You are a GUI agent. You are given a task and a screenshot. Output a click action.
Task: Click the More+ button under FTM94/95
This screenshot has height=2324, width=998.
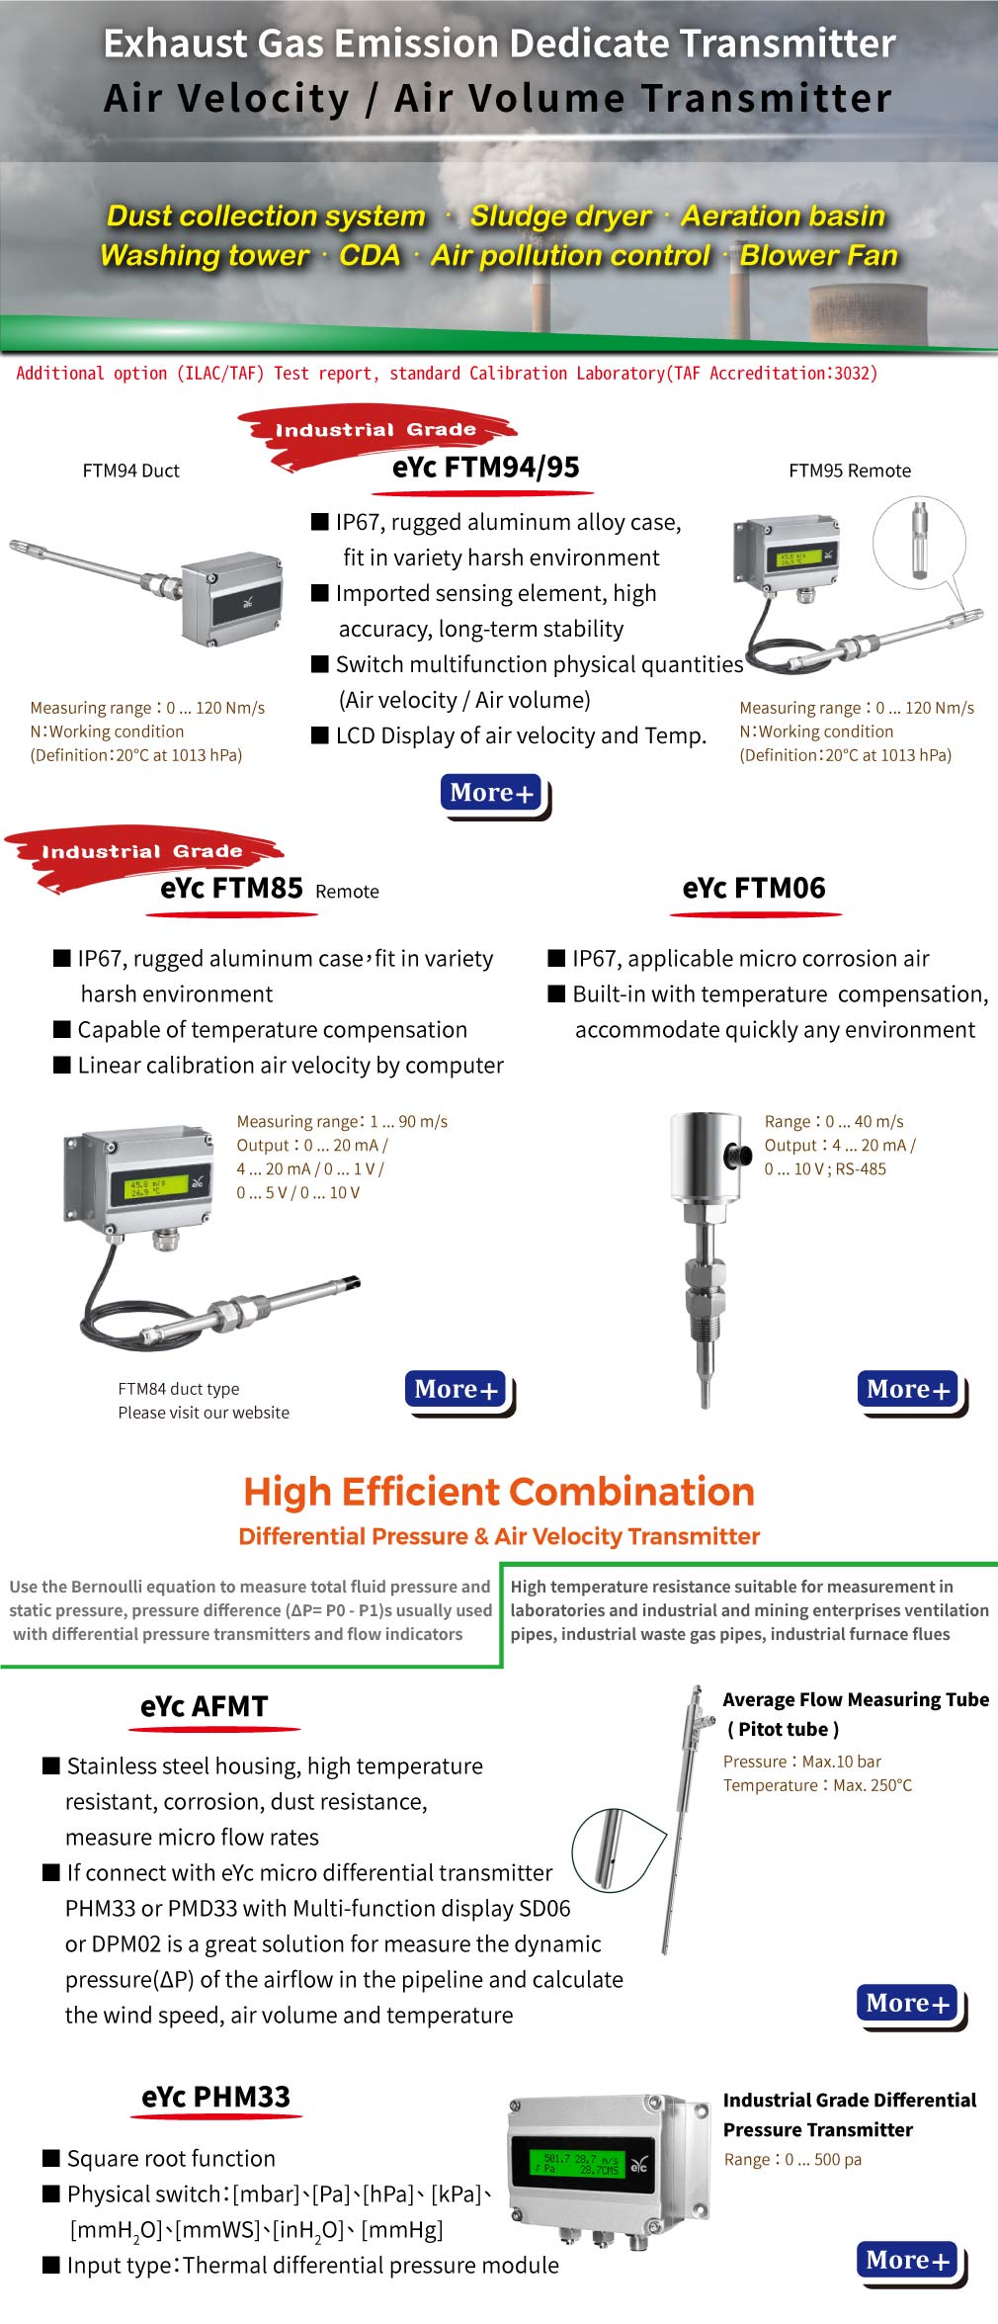(x=492, y=793)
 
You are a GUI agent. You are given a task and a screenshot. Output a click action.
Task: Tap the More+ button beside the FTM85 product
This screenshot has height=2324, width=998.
(x=457, y=1390)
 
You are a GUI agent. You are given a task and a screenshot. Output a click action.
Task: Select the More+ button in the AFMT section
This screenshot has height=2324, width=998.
(x=908, y=2004)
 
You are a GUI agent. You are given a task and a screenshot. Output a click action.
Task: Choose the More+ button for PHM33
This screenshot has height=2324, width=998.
(x=908, y=2261)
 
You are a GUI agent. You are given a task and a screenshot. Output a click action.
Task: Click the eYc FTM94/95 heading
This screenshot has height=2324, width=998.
(x=485, y=468)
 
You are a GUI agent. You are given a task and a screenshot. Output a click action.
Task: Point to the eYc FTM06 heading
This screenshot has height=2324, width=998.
(x=753, y=889)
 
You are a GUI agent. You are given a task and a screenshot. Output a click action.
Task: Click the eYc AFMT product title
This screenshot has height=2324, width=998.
(x=205, y=1707)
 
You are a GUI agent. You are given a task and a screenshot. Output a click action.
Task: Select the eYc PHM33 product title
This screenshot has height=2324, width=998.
(x=215, y=2098)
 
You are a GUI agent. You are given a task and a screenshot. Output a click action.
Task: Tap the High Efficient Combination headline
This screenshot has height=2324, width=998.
(x=499, y=1492)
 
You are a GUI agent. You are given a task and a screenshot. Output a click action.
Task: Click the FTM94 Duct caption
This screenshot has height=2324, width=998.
(x=131, y=472)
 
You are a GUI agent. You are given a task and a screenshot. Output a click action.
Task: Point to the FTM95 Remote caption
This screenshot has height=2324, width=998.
(x=850, y=472)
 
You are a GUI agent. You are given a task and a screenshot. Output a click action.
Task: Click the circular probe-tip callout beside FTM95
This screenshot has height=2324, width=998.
(x=919, y=542)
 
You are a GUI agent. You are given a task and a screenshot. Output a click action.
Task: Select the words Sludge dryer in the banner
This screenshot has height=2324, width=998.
(x=560, y=216)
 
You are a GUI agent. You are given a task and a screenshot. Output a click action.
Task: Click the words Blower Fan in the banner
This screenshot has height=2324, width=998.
(x=818, y=256)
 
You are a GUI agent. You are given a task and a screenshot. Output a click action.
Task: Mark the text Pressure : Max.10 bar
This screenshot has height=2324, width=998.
(x=801, y=1762)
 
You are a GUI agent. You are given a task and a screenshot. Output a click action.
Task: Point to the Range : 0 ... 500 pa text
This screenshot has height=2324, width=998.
(x=792, y=2160)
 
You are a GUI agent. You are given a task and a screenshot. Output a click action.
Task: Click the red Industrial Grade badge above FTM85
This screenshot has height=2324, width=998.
(x=142, y=852)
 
